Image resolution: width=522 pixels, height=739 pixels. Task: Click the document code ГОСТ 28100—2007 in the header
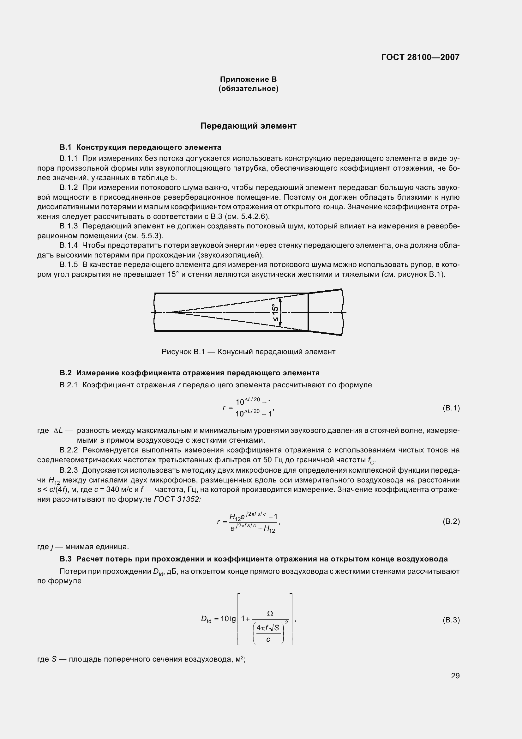pos(420,57)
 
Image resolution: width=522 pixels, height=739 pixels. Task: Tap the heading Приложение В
pos(248,79)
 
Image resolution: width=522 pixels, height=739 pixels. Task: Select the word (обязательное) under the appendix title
pos(248,88)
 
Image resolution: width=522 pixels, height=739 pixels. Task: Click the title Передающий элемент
pos(248,126)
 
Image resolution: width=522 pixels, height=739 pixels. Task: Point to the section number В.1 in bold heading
pos(65,148)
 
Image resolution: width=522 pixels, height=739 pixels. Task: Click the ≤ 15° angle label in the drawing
pos(275,312)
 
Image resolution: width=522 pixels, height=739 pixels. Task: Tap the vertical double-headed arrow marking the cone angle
pos(280,312)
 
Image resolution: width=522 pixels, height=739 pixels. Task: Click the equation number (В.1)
pos(451,408)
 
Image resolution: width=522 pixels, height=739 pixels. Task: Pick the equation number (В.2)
pos(451,521)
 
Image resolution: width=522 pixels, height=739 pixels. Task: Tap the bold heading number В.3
pos(65,559)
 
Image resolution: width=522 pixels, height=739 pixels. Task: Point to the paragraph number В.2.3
pos(69,470)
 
